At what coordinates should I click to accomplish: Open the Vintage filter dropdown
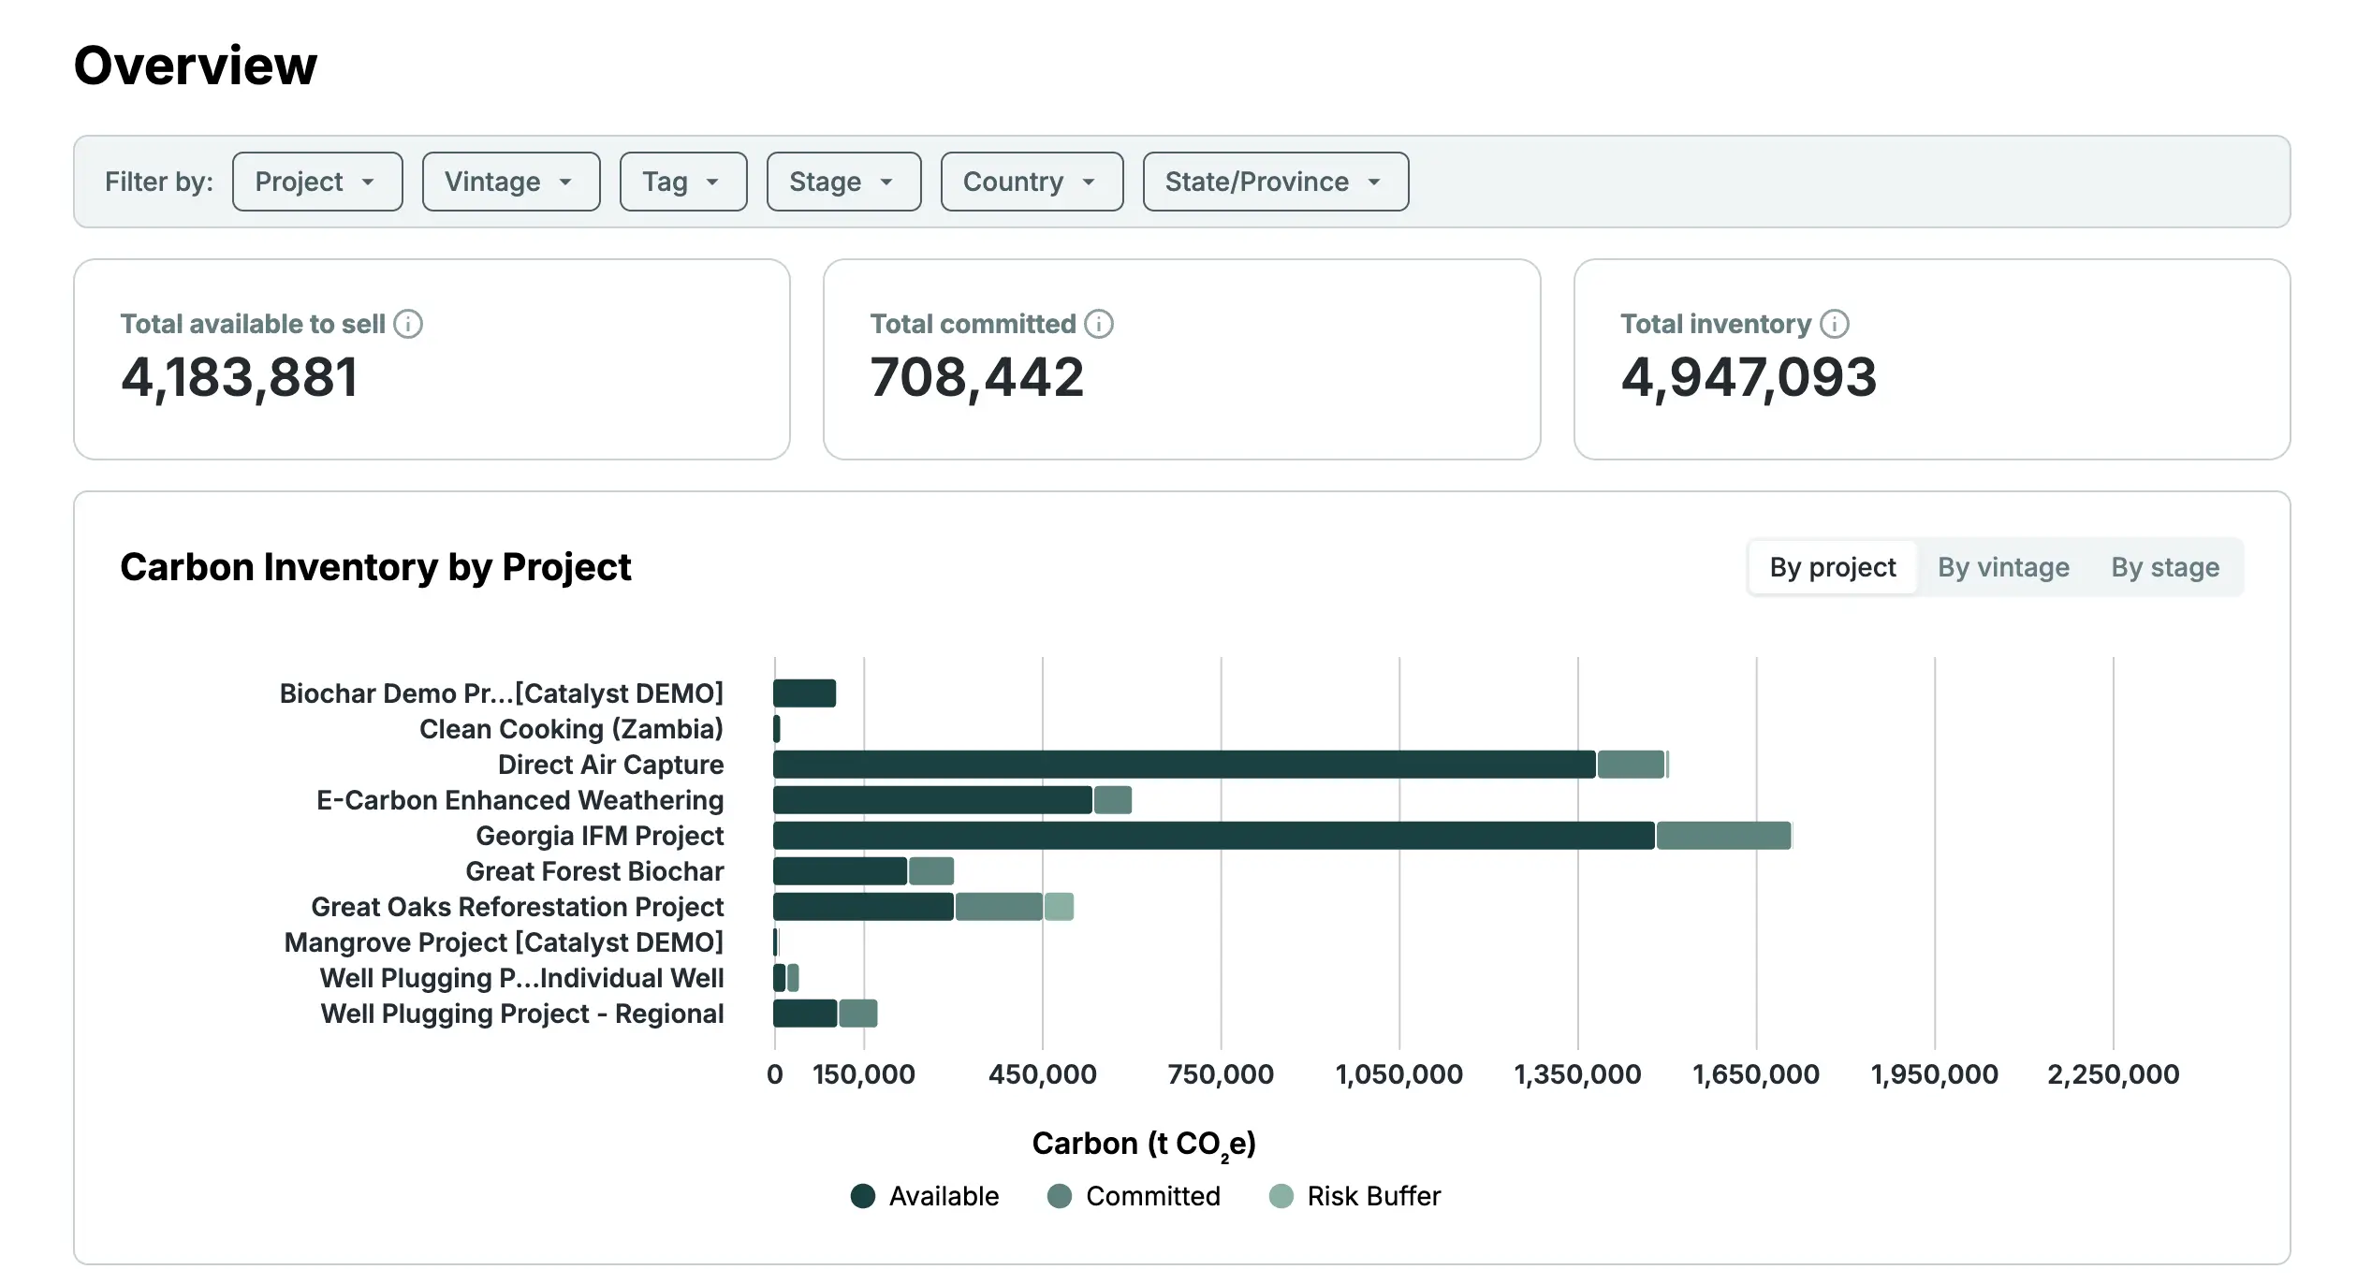pyautogui.click(x=510, y=182)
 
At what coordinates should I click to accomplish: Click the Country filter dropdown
pyautogui.click(x=1031, y=182)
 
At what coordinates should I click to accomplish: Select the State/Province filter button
pyautogui.click(x=1275, y=182)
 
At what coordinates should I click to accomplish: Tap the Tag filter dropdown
pyautogui.click(x=682, y=182)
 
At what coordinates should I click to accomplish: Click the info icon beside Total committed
pyautogui.click(x=1098, y=324)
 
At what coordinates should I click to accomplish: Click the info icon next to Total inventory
pyautogui.click(x=1834, y=324)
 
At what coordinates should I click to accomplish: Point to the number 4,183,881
pyautogui.click(x=240, y=377)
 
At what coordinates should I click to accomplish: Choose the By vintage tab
pyautogui.click(x=2002, y=567)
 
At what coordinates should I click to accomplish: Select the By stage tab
pyautogui.click(x=2164, y=567)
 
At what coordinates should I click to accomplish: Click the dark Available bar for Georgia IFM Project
pyautogui.click(x=1213, y=836)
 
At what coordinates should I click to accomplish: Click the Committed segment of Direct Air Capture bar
pyautogui.click(x=1630, y=765)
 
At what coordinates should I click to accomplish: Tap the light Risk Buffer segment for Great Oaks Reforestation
pyautogui.click(x=1059, y=907)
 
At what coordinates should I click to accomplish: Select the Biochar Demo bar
pyautogui.click(x=804, y=693)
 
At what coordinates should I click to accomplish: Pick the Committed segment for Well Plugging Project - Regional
pyautogui.click(x=857, y=1014)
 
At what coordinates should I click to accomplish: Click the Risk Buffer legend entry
pyautogui.click(x=1354, y=1196)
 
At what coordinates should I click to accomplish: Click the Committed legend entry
pyautogui.click(x=1134, y=1196)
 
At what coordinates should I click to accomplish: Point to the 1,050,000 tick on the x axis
pyautogui.click(x=1398, y=1074)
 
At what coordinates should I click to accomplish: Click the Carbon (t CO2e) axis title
pyautogui.click(x=1143, y=1144)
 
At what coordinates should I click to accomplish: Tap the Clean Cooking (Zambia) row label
pyautogui.click(x=571, y=729)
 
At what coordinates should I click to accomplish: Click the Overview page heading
pyautogui.click(x=196, y=66)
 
